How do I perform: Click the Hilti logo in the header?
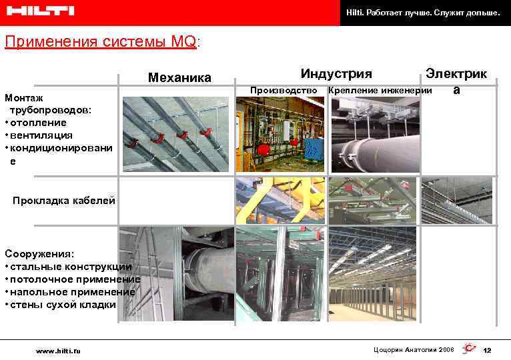40,11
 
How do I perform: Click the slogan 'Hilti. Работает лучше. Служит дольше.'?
423,13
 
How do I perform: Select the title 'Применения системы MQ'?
101,42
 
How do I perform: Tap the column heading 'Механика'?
179,77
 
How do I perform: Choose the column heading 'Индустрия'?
336,73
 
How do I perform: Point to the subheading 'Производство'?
282,90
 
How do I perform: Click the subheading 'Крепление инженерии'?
380,90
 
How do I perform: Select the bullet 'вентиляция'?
40,135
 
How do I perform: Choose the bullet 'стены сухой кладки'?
62,305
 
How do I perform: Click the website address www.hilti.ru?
58,350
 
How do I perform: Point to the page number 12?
487,350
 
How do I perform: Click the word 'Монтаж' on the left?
23,97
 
